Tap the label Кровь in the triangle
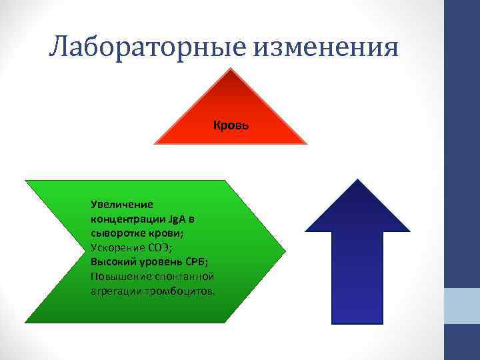point(231,125)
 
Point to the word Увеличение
point(122,204)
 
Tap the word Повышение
point(117,276)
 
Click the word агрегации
point(115,291)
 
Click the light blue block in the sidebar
point(461,306)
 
